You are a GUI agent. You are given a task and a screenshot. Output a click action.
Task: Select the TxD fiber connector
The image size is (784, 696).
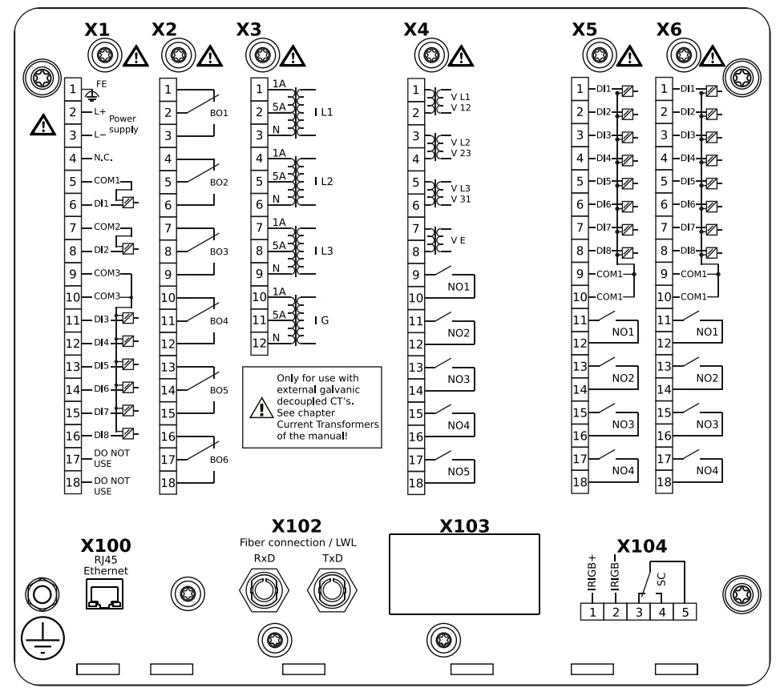(x=331, y=593)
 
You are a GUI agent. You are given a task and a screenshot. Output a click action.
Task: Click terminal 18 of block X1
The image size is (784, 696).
(x=73, y=483)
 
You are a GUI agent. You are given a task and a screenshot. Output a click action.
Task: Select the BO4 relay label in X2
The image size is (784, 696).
(x=219, y=320)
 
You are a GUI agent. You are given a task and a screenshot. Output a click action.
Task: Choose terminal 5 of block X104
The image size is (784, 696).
(x=685, y=613)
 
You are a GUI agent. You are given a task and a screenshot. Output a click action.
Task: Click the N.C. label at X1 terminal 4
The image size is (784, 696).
(x=103, y=158)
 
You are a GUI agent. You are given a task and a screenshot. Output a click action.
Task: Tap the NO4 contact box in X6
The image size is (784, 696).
(x=706, y=471)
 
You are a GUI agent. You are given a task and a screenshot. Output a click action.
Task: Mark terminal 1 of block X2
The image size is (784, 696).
(x=168, y=89)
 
